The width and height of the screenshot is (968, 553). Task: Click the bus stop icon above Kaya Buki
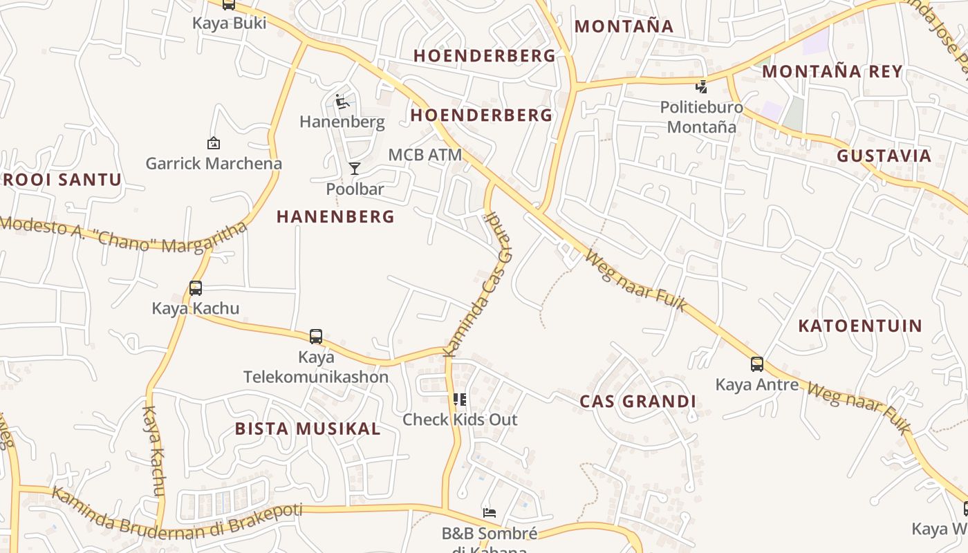229,4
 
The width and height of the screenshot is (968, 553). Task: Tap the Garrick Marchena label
214,164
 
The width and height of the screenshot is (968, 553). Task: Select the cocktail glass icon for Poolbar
355,168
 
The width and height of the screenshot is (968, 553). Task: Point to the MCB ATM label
425,155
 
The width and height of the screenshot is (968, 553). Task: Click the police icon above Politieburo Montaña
701,87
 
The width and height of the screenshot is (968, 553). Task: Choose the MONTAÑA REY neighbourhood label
832,71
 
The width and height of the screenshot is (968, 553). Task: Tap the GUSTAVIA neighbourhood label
884,156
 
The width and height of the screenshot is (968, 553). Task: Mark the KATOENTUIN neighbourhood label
860,326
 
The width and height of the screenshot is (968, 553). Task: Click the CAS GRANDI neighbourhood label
637,402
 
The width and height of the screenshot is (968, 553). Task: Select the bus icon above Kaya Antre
757,364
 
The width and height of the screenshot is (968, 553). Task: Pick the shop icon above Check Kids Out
460,399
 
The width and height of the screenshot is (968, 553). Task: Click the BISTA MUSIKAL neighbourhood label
308,429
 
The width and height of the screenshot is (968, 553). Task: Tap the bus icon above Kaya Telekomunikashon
316,337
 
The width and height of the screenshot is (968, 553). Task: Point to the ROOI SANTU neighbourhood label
62,180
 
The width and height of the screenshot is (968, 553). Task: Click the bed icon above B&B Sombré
490,513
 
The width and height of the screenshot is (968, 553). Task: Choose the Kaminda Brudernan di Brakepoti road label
177,512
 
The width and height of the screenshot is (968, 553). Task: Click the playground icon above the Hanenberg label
342,102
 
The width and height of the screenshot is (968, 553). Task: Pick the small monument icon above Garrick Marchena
214,143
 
